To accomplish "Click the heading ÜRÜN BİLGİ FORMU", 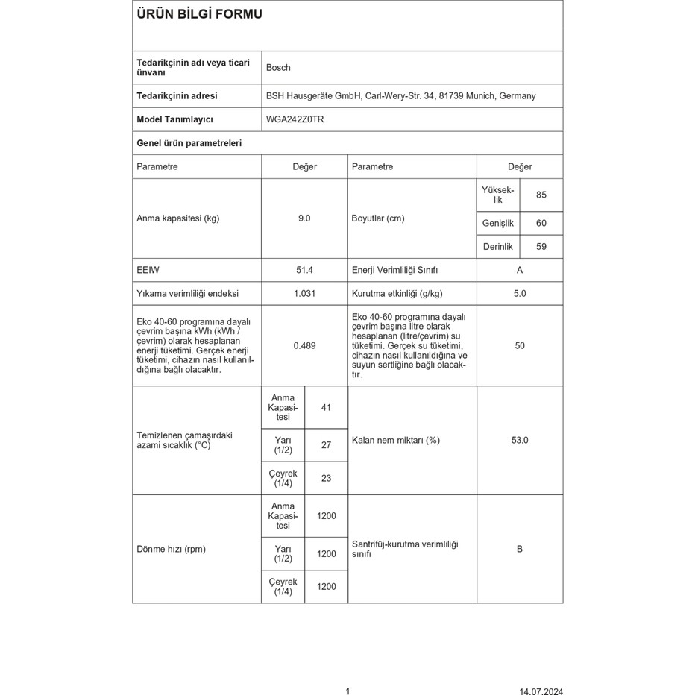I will coord(199,14).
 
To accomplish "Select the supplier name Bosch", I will coord(278,68).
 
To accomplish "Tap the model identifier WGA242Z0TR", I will coord(295,119).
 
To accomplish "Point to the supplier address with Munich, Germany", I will coord(400,96).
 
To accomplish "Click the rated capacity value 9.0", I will coord(304,218).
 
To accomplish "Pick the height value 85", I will coord(541,195).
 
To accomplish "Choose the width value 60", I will coord(541,224).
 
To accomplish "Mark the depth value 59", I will coord(541,247).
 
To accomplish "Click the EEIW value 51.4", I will coord(304,271).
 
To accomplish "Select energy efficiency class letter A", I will coord(520,271).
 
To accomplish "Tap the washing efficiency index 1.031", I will coord(304,294).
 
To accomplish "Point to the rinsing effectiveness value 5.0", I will coord(520,294).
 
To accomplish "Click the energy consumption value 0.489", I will coord(304,346).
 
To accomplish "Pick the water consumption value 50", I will coord(520,346).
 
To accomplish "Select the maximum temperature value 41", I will coord(326,408).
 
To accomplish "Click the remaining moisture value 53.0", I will coord(520,441).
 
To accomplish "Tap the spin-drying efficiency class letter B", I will coord(520,550).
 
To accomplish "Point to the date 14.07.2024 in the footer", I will coord(541,691).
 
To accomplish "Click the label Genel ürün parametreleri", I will coord(189,143).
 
